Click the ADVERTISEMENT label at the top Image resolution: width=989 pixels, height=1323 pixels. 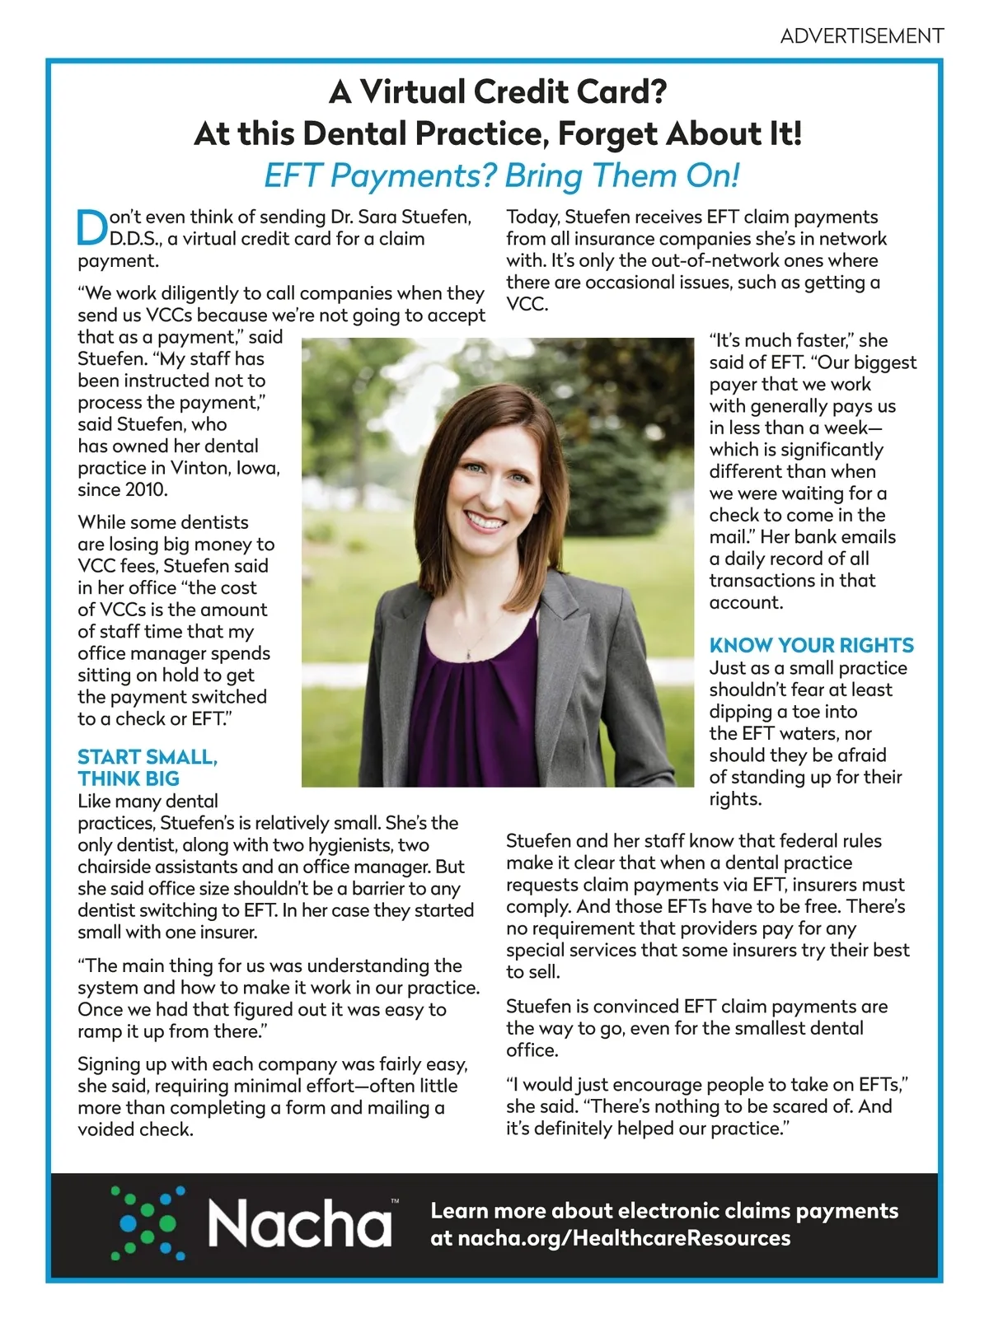click(861, 36)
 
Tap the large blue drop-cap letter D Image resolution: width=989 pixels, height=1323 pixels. click(91, 228)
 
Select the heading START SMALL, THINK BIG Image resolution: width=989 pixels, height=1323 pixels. click(147, 767)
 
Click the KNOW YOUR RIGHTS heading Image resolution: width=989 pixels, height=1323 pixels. click(811, 645)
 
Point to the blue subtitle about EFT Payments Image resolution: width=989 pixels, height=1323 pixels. click(501, 175)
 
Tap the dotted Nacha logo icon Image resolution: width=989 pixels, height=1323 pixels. click(148, 1222)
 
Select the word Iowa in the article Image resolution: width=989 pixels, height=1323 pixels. click(258, 468)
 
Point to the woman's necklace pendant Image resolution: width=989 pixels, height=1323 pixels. click(468, 652)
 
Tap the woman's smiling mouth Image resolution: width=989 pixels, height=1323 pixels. click(485, 521)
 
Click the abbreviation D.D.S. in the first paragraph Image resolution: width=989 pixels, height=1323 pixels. click(135, 239)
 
